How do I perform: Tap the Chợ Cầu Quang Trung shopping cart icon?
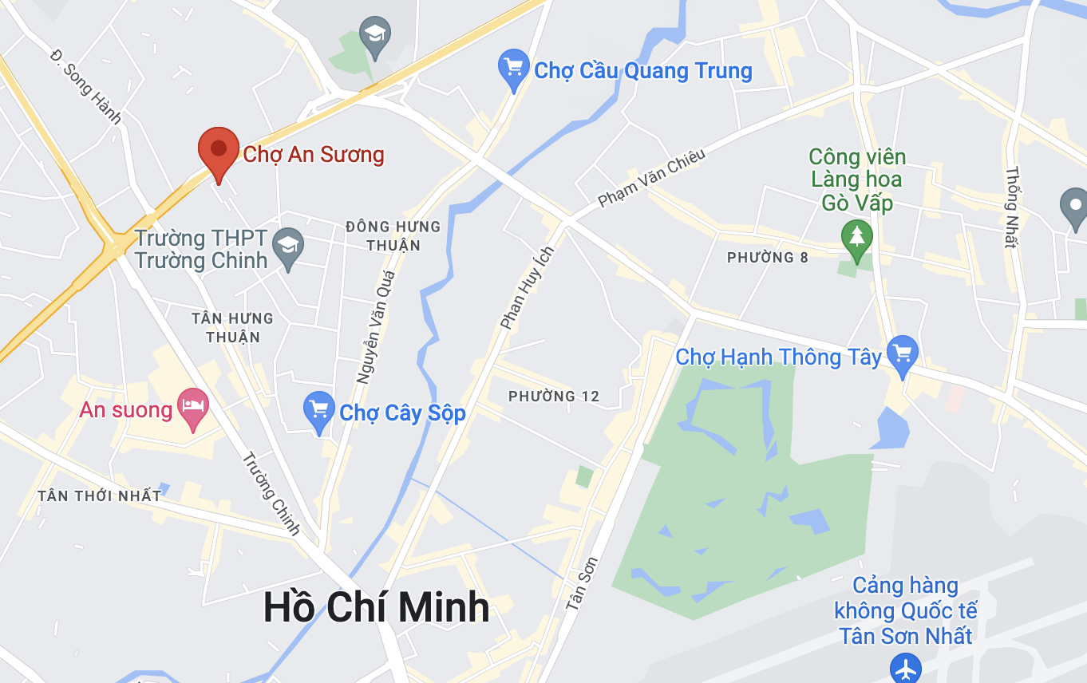pyautogui.click(x=513, y=69)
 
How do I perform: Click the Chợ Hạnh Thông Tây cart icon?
pyautogui.click(x=903, y=354)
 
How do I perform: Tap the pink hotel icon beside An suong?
pyautogui.click(x=192, y=408)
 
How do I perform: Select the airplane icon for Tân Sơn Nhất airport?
pyautogui.click(x=906, y=668)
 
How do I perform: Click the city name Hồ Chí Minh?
pyautogui.click(x=376, y=608)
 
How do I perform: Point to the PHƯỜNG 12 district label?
pyautogui.click(x=554, y=397)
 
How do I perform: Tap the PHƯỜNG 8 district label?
pyautogui.click(x=767, y=258)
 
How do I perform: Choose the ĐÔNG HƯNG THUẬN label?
pyautogui.click(x=393, y=235)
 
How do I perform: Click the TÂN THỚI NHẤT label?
pyautogui.click(x=99, y=496)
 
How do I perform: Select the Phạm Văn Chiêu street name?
pyautogui.click(x=650, y=178)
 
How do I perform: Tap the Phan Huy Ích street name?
pyautogui.click(x=526, y=288)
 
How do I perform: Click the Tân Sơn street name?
pyautogui.click(x=582, y=584)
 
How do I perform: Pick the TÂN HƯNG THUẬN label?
pyautogui.click(x=232, y=327)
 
